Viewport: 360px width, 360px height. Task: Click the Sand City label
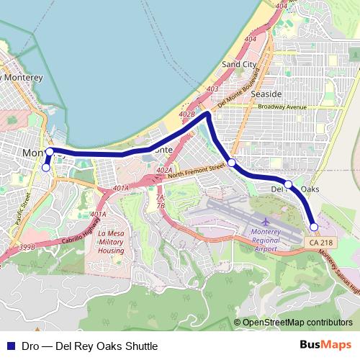click(239, 64)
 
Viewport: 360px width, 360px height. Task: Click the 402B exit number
click(187, 114)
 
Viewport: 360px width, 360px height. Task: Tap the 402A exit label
click(164, 170)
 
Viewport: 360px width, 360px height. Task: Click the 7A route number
click(161, 197)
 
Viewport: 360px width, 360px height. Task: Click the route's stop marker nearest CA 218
click(314, 228)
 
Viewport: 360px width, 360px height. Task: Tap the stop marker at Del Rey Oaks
click(288, 184)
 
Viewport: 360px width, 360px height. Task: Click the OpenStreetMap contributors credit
click(297, 323)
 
